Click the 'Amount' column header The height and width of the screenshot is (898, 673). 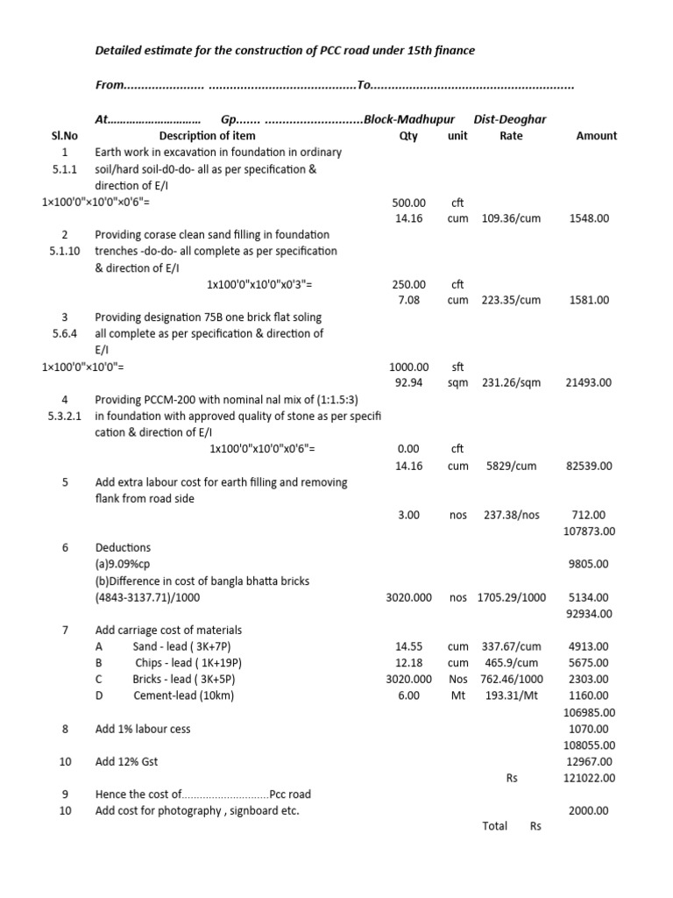pyautogui.click(x=596, y=136)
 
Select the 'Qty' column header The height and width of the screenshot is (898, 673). pyautogui.click(x=408, y=136)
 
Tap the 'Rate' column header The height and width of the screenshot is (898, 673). pyautogui.click(x=511, y=136)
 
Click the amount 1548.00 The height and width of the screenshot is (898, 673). pyautogui.click(x=589, y=218)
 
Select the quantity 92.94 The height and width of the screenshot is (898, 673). pyautogui.click(x=408, y=382)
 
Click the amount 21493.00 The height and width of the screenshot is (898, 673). pyautogui.click(x=589, y=382)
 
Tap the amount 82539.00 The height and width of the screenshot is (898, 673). pyautogui.click(x=589, y=466)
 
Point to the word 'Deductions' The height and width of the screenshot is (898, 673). pyautogui.click(x=123, y=547)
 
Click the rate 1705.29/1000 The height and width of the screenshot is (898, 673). pyautogui.click(x=511, y=597)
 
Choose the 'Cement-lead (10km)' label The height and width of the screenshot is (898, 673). pyautogui.click(x=183, y=695)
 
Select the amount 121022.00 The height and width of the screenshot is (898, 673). pyautogui.click(x=589, y=778)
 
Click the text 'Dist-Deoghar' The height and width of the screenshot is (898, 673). pyautogui.click(x=510, y=118)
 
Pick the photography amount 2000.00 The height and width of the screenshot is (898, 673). pyautogui.click(x=589, y=811)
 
